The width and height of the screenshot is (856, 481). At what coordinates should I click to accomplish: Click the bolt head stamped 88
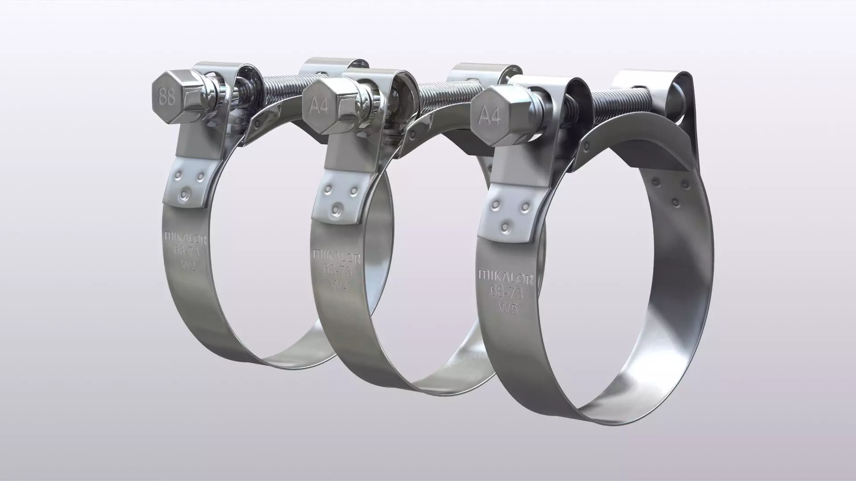point(167,97)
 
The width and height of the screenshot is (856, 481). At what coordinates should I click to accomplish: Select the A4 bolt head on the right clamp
point(490,117)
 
